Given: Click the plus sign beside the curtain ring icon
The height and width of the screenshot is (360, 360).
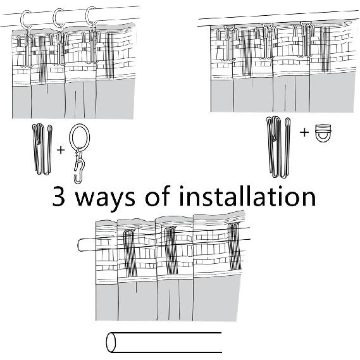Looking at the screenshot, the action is (x=61, y=150).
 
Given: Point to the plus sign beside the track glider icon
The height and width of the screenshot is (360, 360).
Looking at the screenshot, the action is (x=304, y=132).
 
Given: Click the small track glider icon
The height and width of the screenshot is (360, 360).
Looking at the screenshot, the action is (x=323, y=133).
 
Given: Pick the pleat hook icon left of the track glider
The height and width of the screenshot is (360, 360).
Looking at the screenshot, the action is (x=278, y=147).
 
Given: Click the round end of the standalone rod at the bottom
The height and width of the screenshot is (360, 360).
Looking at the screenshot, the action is (x=111, y=342).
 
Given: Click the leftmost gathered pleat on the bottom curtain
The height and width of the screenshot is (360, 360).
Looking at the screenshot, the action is (x=130, y=253).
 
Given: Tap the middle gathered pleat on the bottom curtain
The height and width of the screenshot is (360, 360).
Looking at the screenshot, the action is (x=171, y=251).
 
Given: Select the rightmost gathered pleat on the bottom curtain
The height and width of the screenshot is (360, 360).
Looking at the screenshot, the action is (x=235, y=246).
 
